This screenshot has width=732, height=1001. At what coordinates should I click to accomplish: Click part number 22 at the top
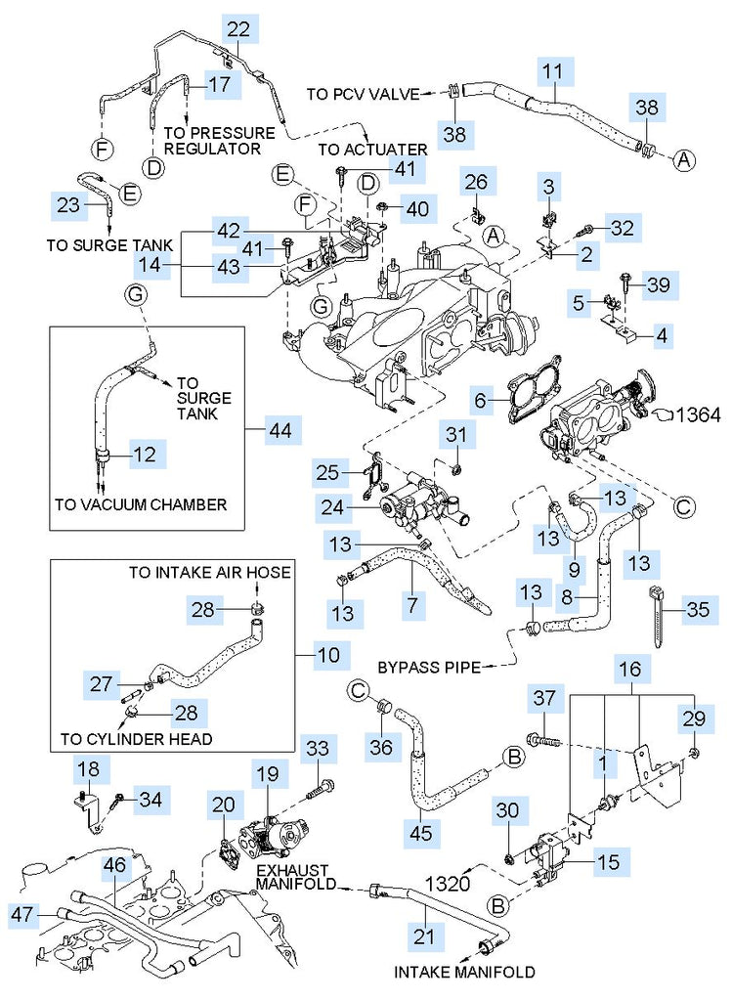[x=238, y=29]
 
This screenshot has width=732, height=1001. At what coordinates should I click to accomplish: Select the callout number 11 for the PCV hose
[x=553, y=71]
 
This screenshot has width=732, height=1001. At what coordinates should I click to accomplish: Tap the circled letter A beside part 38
[x=683, y=158]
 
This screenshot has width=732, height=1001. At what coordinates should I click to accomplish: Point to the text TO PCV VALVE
[x=363, y=95]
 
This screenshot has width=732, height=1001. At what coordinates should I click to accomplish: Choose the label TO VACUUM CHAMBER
[x=141, y=504]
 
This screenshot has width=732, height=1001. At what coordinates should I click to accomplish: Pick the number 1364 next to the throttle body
[x=698, y=414]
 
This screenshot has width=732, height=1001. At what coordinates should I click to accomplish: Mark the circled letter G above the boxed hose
[x=135, y=293]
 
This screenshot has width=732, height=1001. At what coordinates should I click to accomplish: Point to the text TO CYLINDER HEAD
[x=136, y=739]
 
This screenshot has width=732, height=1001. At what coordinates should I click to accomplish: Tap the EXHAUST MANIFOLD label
[x=295, y=876]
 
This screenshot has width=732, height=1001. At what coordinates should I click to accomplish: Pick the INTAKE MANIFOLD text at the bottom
[x=464, y=972]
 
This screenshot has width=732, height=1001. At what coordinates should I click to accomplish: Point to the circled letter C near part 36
[x=358, y=691]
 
